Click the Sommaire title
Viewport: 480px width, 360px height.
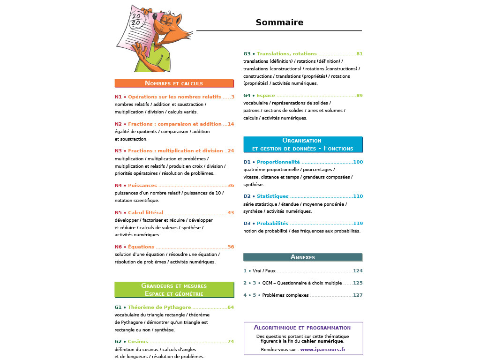279,22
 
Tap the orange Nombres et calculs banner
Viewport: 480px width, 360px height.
174,83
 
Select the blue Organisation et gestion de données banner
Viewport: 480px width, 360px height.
303,144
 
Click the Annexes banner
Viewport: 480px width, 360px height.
303,257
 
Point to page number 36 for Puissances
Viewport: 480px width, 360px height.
231,186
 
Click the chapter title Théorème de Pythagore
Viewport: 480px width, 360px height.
159,307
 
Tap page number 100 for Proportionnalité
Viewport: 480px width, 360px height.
358,162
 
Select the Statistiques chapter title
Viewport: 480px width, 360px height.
273,196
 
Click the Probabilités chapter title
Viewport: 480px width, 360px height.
273,224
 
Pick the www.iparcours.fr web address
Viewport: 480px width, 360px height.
323,350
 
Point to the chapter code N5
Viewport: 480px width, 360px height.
118,213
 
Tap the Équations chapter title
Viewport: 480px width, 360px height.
141,247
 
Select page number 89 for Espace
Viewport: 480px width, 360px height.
360,96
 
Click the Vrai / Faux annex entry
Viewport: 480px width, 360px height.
264,271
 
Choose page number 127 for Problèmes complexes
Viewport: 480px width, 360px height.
358,295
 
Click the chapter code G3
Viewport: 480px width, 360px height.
247,54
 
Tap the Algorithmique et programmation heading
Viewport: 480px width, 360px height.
302,328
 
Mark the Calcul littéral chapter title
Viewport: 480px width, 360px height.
145,213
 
